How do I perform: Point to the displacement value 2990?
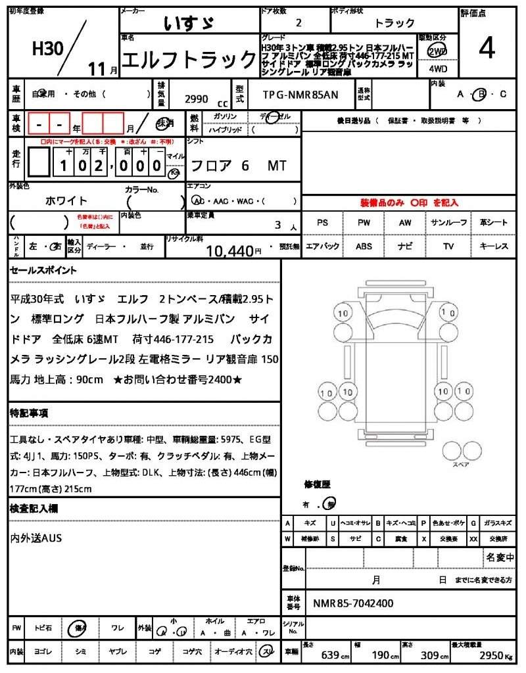click(196, 99)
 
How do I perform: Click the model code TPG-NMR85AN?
click(300, 95)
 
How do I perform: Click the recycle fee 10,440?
click(229, 250)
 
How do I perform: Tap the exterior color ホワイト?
click(66, 200)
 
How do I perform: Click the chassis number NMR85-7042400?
click(354, 603)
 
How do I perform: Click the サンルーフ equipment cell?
click(448, 223)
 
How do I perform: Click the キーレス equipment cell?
click(494, 246)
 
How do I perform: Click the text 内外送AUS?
click(36, 538)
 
